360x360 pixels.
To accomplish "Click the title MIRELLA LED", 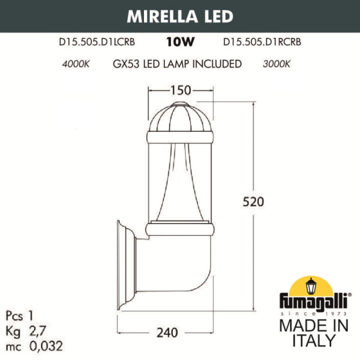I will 180,17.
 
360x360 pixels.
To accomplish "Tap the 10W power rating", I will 179,41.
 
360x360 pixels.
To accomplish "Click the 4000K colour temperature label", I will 77,64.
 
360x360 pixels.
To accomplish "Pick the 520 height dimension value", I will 254,200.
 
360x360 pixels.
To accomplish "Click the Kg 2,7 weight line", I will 27,331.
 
